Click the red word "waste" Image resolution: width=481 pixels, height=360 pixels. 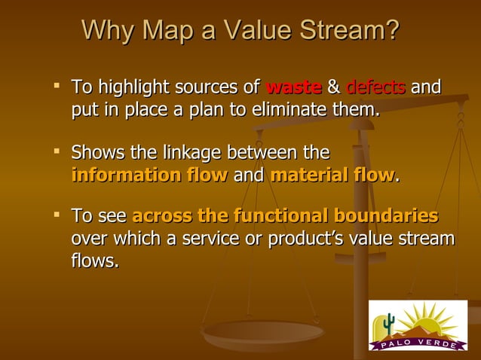click(x=294, y=87)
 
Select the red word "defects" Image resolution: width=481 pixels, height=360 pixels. click(x=375, y=87)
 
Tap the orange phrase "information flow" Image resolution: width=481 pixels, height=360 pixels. click(x=149, y=175)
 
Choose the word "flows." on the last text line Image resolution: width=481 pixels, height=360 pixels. click(x=94, y=262)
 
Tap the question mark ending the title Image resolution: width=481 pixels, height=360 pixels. click(x=391, y=32)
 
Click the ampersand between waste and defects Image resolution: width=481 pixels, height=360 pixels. click(x=333, y=87)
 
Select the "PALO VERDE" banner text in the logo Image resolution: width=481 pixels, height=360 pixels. click(x=419, y=343)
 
